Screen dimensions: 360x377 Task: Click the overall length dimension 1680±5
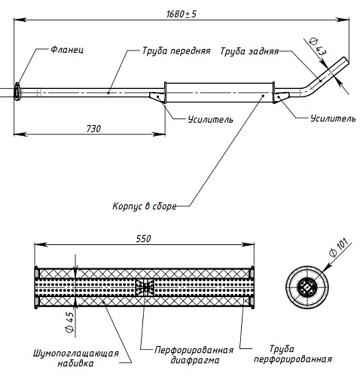182,14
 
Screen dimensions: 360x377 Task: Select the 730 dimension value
93,129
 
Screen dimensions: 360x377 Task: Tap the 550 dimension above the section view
143,238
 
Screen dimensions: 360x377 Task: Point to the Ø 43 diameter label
318,47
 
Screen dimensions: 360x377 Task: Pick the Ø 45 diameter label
69,323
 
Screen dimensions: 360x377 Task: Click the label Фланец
67,50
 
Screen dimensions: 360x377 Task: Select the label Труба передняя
176,51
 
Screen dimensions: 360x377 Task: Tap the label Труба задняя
249,51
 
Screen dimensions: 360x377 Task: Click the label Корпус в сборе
145,207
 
